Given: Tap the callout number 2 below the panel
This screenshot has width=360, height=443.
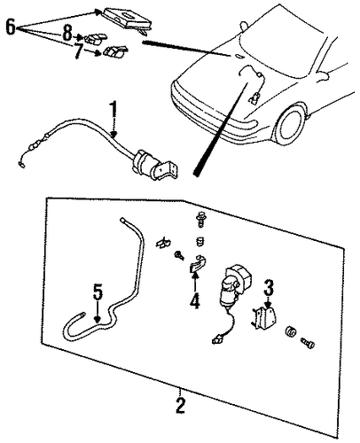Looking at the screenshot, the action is (180, 405).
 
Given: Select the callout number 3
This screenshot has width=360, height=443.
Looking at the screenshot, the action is (269, 287).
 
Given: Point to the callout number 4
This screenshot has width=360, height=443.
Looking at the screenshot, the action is (195, 300).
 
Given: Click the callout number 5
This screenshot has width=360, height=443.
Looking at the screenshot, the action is (98, 292).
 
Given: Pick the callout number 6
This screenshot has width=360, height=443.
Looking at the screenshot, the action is (11, 27).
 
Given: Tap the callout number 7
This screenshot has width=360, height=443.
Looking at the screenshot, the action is (78, 51).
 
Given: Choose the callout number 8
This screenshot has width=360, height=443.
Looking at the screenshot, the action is (67, 33).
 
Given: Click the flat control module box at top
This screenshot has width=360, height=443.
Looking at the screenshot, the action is (127, 19).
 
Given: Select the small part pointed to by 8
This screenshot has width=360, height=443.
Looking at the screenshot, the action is (95, 38).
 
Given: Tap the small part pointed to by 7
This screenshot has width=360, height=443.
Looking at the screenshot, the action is (114, 51).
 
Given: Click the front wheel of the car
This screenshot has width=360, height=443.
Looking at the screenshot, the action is (290, 125).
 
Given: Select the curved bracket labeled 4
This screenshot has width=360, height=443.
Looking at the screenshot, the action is (198, 263).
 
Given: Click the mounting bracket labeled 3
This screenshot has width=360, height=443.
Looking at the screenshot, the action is (264, 319).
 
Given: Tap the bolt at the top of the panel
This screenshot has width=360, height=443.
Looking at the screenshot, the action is (201, 220).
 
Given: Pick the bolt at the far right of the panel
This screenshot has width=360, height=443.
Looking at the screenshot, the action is (308, 344).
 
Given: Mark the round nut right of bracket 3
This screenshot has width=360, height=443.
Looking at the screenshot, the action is (290, 332).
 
